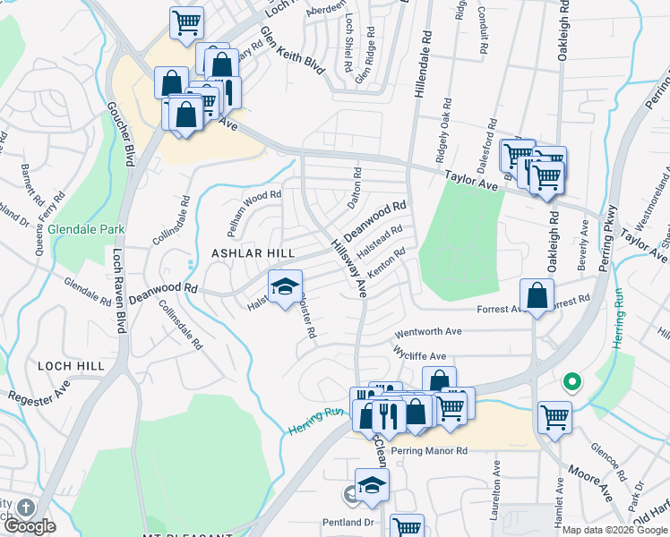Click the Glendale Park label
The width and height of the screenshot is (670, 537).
pos(86,229)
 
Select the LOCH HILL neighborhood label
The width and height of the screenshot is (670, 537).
pos(72,366)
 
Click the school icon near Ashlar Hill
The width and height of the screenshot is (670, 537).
pos(284,287)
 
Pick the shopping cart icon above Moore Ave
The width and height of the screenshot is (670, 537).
pos(554,416)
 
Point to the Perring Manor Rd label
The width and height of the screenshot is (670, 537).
pos(429,450)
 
